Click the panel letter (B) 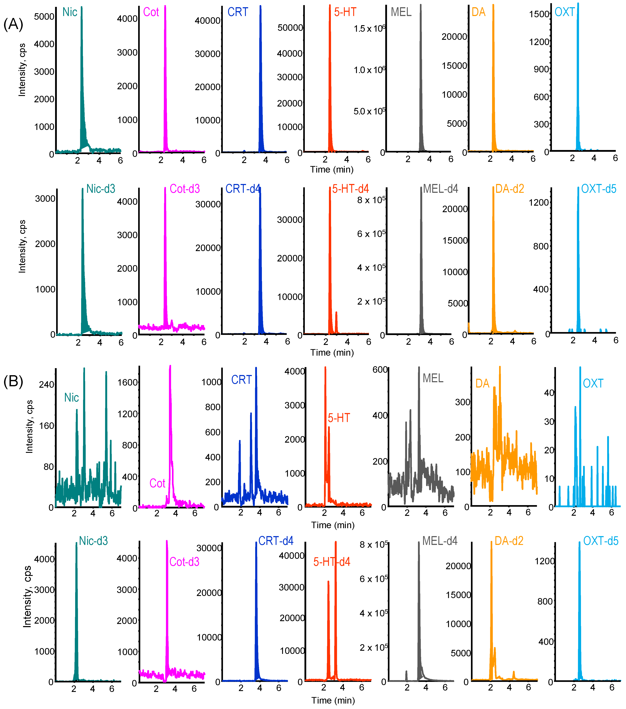tap(13, 382)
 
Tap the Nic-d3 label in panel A tap(100, 189)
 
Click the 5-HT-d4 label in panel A tap(350, 189)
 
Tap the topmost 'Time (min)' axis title tap(332, 170)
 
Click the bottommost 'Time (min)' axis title tap(333, 701)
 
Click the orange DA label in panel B tap(482, 384)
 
